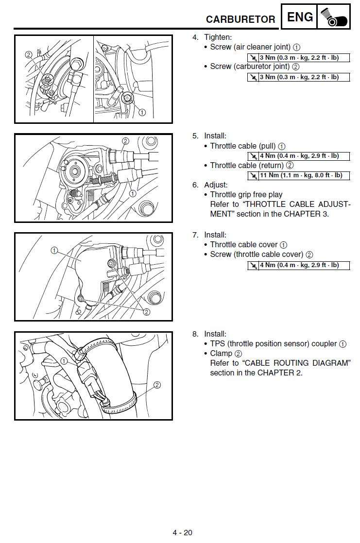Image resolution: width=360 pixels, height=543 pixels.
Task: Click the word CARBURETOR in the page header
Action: pyautogui.click(x=240, y=19)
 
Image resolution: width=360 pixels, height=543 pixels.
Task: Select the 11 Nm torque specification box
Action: pyautogui.click(x=298, y=175)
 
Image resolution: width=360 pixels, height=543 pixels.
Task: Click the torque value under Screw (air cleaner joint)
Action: pyautogui.click(x=298, y=58)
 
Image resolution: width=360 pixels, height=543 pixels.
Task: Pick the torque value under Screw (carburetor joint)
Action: pyautogui.click(x=298, y=77)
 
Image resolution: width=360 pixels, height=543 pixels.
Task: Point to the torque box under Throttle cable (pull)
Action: pyautogui.click(x=298, y=156)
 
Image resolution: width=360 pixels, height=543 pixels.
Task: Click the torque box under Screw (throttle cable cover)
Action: pyautogui.click(x=298, y=265)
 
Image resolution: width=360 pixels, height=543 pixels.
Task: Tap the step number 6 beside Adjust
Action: pyautogui.click(x=195, y=185)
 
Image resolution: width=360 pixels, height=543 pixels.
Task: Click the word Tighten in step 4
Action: pyautogui.click(x=218, y=37)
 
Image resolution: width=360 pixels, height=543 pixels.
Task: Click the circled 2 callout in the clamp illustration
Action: pyautogui.click(x=157, y=385)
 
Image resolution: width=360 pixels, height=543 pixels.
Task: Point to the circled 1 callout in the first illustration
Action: pyautogui.click(x=142, y=112)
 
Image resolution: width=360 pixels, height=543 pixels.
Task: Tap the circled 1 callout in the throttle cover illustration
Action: pyautogui.click(x=54, y=251)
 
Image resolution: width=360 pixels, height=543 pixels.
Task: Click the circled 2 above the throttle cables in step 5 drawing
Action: pyautogui.click(x=125, y=141)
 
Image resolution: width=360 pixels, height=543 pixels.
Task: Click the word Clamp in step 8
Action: pyautogui.click(x=221, y=354)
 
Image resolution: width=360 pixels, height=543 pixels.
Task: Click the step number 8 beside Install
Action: pyautogui.click(x=195, y=334)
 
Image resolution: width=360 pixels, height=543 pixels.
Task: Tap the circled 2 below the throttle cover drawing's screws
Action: pyautogui.click(x=146, y=312)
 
